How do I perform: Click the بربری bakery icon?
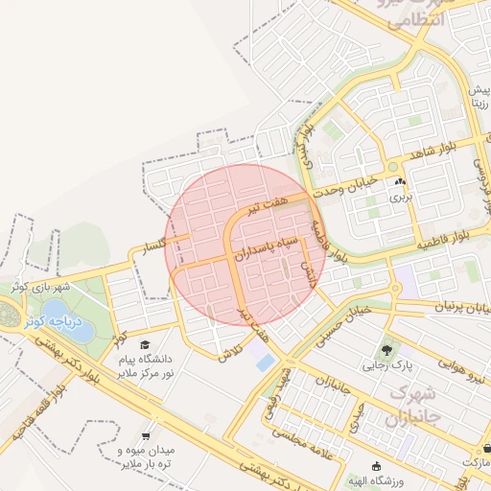(x=398, y=182)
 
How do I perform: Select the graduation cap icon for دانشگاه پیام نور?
(x=144, y=344)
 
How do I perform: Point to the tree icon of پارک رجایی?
(x=386, y=350)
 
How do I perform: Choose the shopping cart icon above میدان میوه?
(x=144, y=434)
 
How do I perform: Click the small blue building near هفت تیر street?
(x=264, y=363)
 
